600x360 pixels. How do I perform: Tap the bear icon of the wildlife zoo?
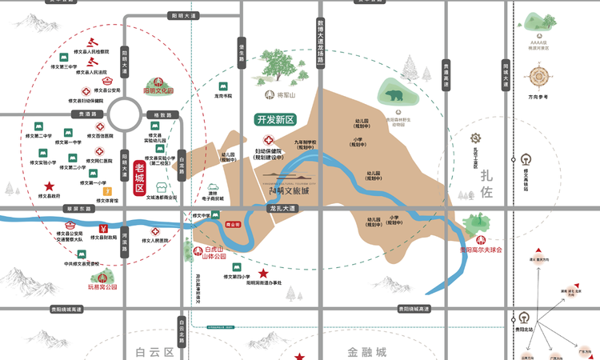tap(394, 96)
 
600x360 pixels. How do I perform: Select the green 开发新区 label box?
tap(276, 120)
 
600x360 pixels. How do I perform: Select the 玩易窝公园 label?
tap(102, 286)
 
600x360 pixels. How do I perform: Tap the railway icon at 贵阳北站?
tap(526, 313)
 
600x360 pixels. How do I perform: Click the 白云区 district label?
tap(154, 351)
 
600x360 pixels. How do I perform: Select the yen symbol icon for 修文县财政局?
tap(103, 230)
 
